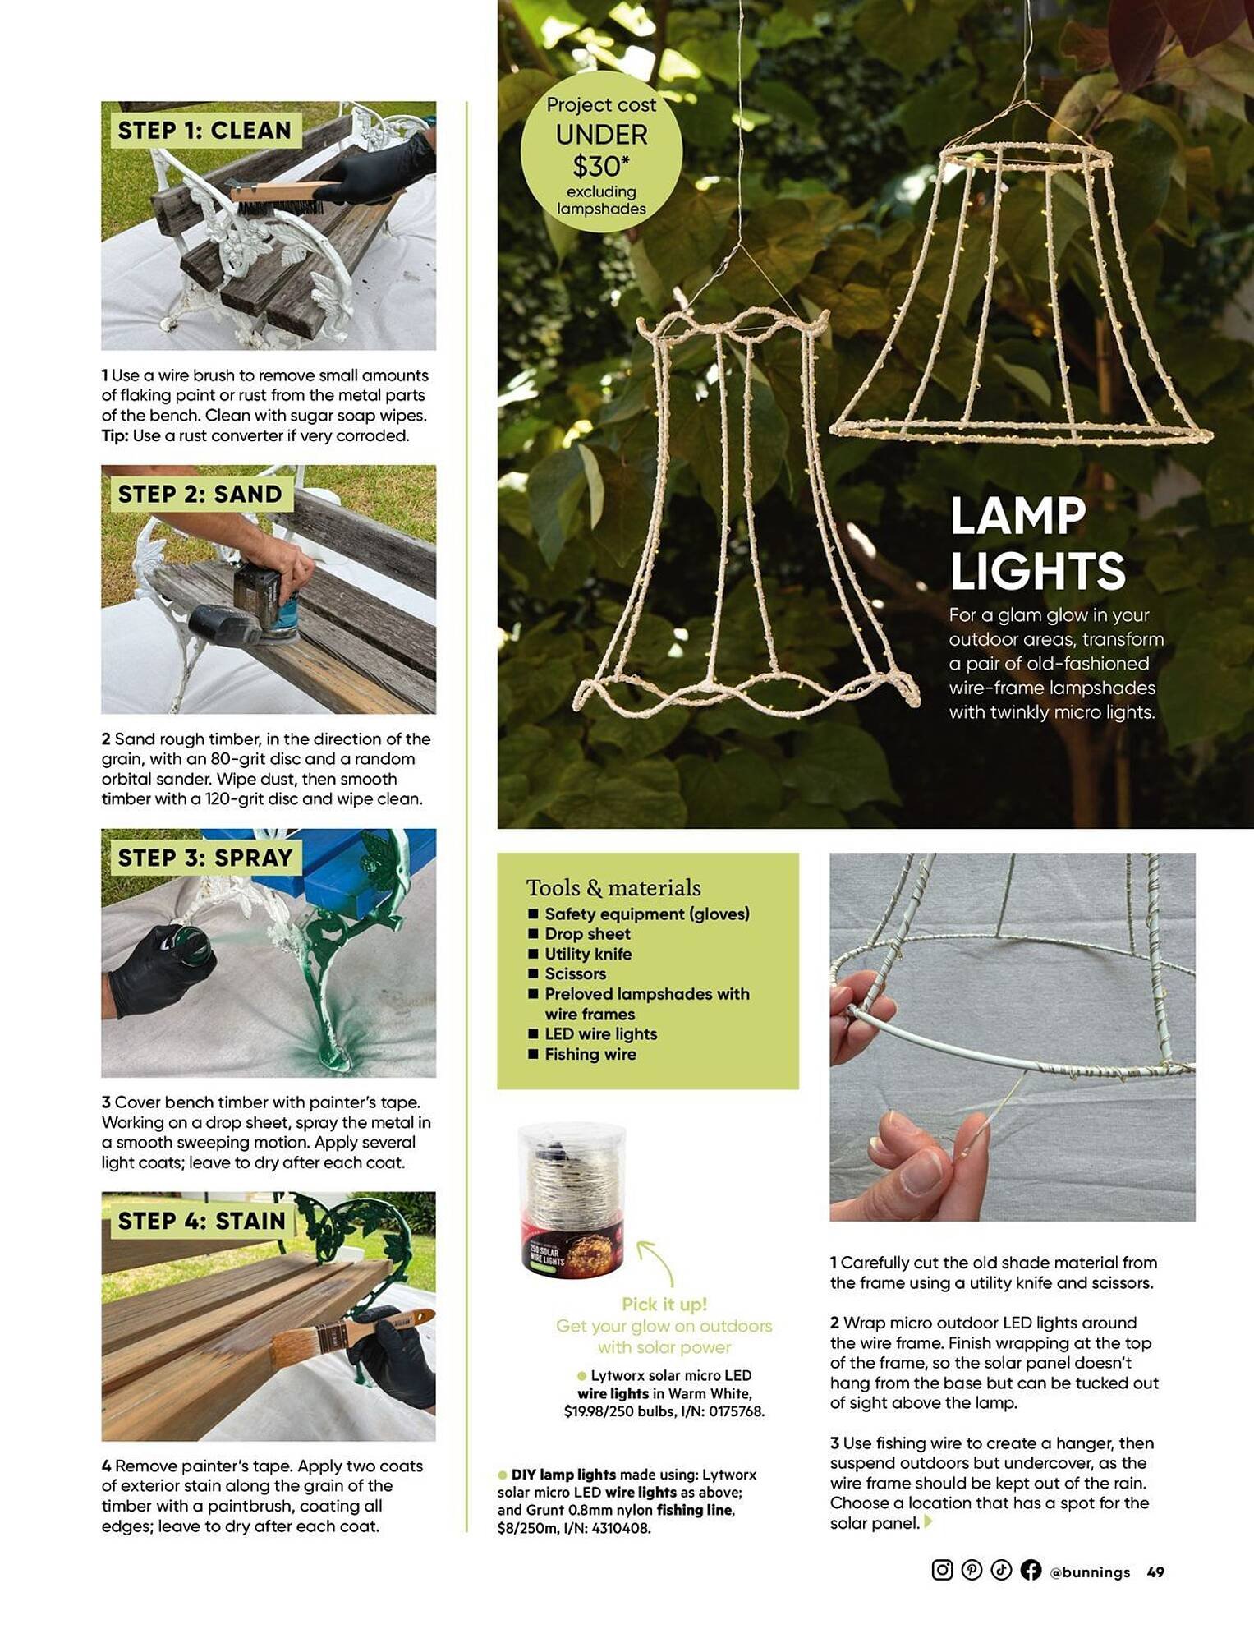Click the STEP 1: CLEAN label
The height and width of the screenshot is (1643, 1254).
204,131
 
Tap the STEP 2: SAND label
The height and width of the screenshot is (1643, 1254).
200,494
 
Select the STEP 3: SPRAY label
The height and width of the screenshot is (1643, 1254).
205,858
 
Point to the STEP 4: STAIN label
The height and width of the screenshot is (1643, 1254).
202,1221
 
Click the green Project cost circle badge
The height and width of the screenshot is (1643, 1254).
601,152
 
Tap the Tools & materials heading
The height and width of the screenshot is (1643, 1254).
613,887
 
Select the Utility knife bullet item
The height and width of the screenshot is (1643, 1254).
587,954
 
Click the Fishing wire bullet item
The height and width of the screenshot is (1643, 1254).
590,1054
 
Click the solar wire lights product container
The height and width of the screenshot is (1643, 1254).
572,1199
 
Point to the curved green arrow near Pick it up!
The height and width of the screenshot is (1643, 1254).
657,1261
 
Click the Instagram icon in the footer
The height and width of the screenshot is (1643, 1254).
942,1570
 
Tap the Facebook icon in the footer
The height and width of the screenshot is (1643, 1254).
1031,1570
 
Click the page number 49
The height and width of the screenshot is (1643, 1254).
1155,1572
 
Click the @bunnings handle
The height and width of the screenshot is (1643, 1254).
1090,1572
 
